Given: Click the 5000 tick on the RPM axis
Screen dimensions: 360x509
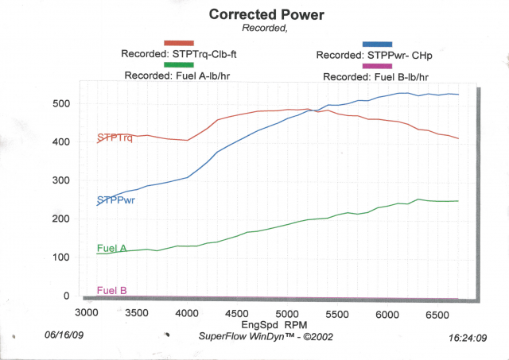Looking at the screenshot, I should pos(288,314).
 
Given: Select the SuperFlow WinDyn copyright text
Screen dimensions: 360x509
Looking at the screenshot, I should pos(263,336).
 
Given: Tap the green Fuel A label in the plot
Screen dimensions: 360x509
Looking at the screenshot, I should pos(112,248).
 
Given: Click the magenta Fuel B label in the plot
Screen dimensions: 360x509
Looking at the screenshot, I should pos(112,290).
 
